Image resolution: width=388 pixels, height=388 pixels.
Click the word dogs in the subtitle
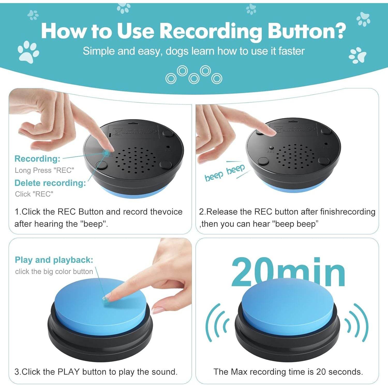(x=177, y=51)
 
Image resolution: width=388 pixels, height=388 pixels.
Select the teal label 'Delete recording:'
(x=50, y=183)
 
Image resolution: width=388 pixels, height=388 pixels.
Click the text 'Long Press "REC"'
(x=44, y=170)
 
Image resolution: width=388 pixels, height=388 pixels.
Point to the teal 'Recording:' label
(x=37, y=159)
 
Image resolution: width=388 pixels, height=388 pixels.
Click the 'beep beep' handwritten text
(x=224, y=173)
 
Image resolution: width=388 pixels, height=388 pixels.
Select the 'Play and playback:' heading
(x=54, y=260)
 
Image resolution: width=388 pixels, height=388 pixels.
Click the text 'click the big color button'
(x=54, y=271)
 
